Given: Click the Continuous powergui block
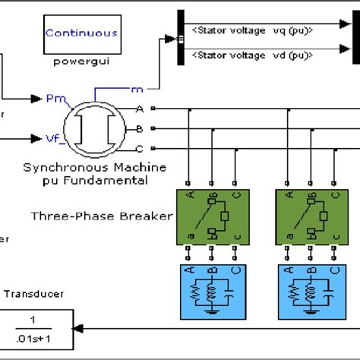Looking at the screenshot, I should tap(81, 33).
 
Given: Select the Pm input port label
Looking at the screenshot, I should tap(54, 99).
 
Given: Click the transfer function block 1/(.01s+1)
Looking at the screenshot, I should tap(42, 327).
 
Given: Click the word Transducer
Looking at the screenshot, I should tap(35, 295).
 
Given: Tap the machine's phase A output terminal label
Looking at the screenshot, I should tap(139, 109).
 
